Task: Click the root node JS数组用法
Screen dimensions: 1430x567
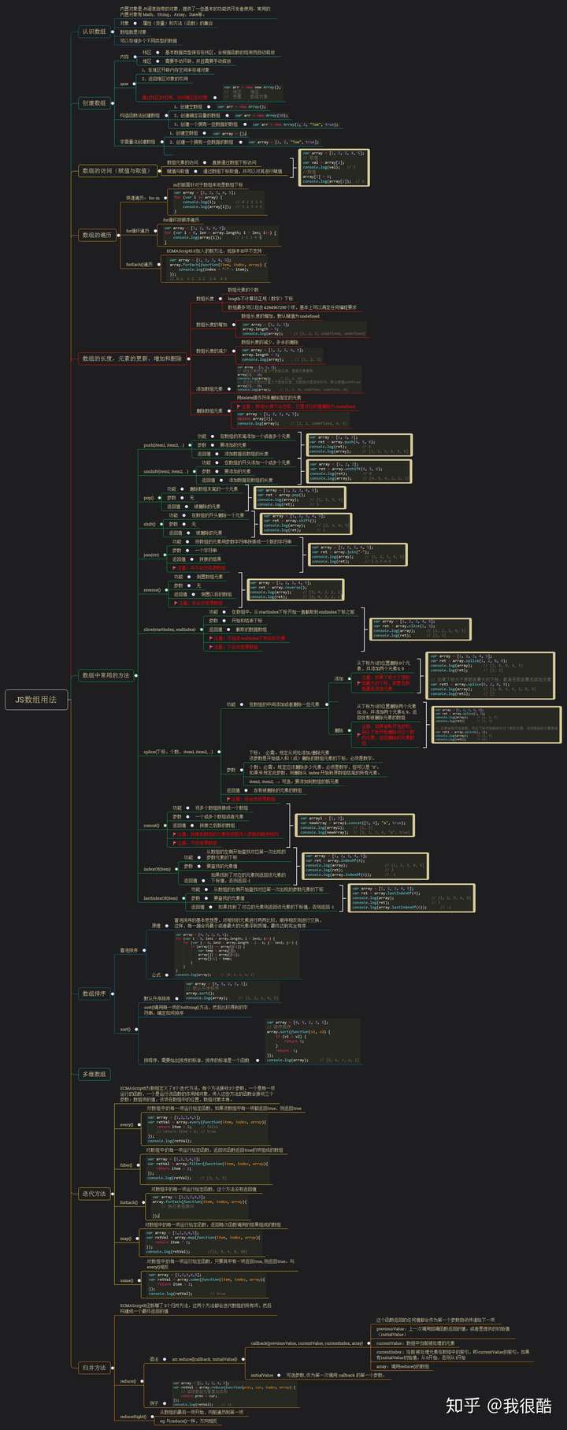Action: [x=36, y=699]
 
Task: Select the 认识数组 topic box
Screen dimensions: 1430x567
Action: [x=94, y=32]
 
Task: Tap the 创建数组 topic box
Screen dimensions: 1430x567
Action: [x=94, y=103]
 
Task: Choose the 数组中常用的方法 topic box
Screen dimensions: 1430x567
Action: [x=106, y=675]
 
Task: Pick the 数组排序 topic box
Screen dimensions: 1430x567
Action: [x=94, y=994]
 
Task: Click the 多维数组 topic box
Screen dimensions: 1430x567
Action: [x=94, y=1074]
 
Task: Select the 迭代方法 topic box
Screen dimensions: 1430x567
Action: [x=94, y=1194]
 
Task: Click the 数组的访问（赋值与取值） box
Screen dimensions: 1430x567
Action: [x=116, y=170]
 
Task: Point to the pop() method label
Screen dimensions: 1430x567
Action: [x=148, y=498]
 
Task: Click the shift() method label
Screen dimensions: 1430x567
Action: [x=150, y=524]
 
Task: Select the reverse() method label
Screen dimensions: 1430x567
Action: [x=152, y=589]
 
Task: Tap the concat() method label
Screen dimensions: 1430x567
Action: [x=151, y=825]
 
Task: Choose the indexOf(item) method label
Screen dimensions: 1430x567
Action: [x=157, y=869]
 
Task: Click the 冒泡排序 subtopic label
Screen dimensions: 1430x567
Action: [x=128, y=951]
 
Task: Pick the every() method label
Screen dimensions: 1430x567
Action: [x=126, y=1124]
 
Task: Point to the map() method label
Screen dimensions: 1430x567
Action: [x=125, y=1239]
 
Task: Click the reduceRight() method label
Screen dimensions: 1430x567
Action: [x=132, y=1417]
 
